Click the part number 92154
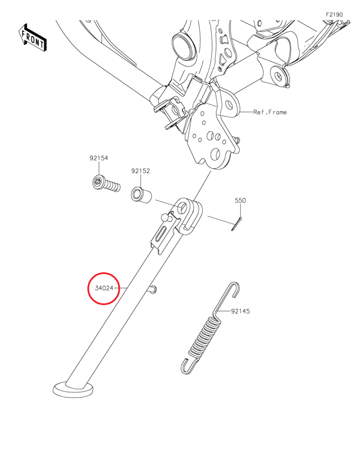[99, 158]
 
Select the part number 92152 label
[141, 171]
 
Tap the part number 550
[240, 200]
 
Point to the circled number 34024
[104, 288]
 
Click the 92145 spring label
[241, 311]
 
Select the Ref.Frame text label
[270, 112]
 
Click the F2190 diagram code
[334, 15]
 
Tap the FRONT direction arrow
[32, 38]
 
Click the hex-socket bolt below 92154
[106, 184]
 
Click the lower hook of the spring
[187, 365]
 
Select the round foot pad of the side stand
[73, 389]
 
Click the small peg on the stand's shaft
[153, 290]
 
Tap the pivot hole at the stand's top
[184, 208]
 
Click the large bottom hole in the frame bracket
[216, 154]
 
